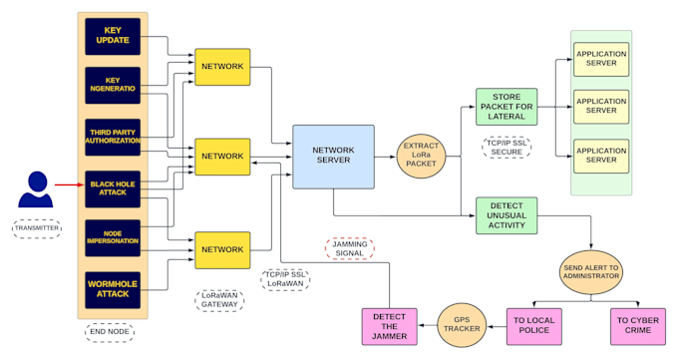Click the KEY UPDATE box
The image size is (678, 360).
[x=113, y=36]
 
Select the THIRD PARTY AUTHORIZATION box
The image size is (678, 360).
[x=113, y=137]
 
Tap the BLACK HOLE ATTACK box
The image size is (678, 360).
[x=113, y=187]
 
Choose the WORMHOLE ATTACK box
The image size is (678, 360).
[x=113, y=290]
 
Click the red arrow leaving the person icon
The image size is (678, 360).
[x=69, y=184]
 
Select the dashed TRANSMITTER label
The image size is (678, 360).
[x=37, y=228]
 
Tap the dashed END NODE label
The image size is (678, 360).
[x=110, y=332]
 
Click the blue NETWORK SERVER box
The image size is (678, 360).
[x=333, y=156]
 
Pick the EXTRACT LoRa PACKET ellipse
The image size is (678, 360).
[x=421, y=157]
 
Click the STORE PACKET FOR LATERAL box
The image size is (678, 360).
[x=507, y=107]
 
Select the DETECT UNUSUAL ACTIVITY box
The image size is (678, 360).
[x=507, y=214]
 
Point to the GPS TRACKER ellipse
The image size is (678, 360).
[x=462, y=326]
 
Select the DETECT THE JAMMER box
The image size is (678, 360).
[x=389, y=326]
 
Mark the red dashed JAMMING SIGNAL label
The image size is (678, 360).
[x=349, y=248]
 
